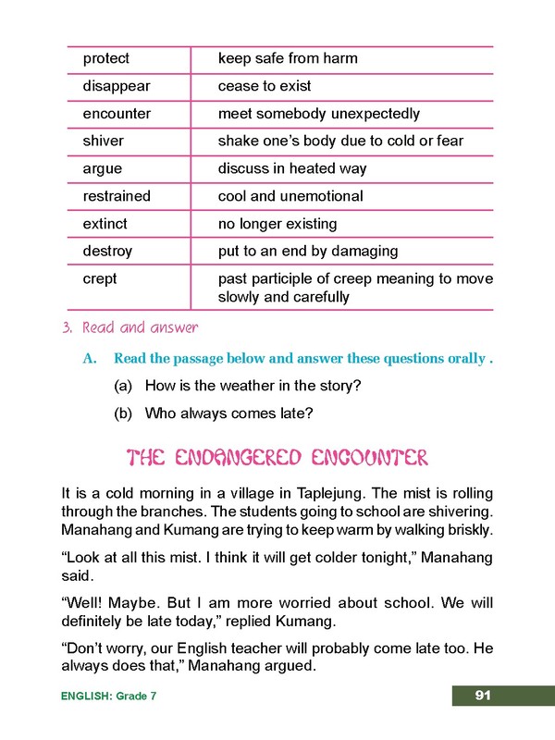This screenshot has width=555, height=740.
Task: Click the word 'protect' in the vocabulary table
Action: (106, 59)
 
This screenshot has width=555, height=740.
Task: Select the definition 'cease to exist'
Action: (265, 86)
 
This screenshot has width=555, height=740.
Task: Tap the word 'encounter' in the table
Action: (117, 114)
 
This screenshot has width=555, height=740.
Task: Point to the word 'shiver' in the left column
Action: (103, 142)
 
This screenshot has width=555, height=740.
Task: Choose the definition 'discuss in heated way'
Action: (292, 169)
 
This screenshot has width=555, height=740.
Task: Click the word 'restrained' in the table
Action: (117, 196)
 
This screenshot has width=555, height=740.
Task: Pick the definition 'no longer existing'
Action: (277, 224)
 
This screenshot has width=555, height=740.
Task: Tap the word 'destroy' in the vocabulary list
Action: (107, 252)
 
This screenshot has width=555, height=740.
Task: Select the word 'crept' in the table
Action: (100, 279)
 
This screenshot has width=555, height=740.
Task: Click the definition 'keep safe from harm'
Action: (288, 59)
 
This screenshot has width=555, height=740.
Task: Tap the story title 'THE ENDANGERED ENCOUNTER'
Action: (277, 459)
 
